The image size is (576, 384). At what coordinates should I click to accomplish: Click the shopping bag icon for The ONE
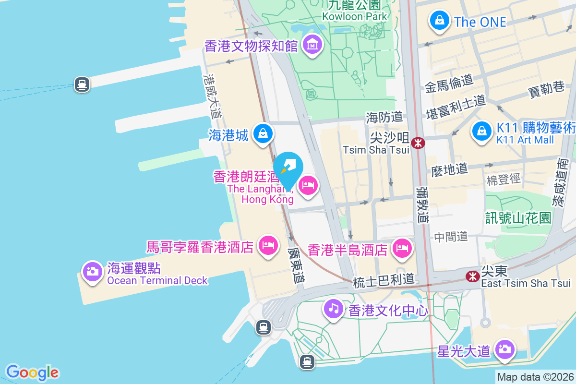click(439, 21)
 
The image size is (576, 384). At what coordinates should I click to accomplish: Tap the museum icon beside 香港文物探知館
click(313, 45)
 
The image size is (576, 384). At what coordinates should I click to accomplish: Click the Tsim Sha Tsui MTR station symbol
click(418, 143)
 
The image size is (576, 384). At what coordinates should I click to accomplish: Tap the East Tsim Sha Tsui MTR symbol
click(473, 276)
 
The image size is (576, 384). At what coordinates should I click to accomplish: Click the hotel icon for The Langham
click(308, 185)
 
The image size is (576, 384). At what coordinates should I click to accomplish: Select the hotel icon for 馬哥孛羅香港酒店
click(268, 246)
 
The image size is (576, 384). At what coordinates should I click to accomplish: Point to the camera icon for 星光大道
click(504, 349)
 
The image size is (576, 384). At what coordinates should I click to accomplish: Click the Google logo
click(33, 372)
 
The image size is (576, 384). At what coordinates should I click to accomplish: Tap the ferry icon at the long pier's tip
click(82, 85)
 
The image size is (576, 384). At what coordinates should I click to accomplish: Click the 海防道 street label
click(384, 116)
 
